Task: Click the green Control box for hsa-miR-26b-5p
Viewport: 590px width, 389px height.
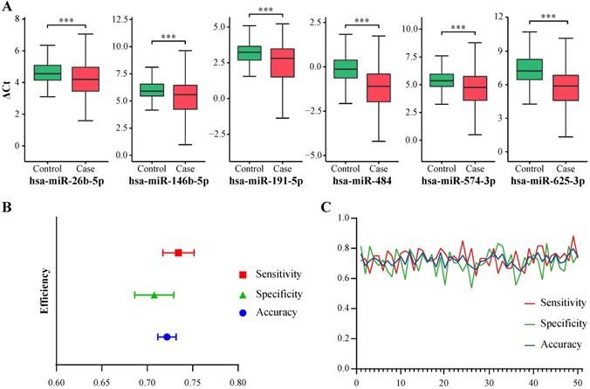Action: click(47, 73)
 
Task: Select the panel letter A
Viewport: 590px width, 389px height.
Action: click(7, 7)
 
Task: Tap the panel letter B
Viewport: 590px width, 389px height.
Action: click(7, 208)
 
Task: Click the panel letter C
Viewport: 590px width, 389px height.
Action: click(325, 208)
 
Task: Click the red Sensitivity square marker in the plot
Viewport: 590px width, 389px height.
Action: click(178, 253)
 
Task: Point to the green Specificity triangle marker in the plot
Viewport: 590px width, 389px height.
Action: click(154, 295)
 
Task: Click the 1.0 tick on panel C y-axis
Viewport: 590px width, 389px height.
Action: click(345, 218)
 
